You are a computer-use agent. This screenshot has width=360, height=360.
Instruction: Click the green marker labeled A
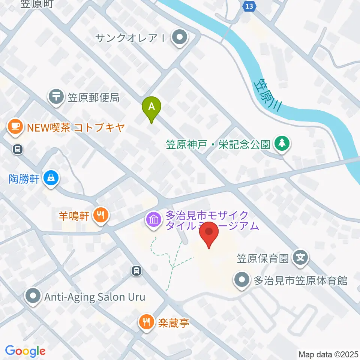click(151, 107)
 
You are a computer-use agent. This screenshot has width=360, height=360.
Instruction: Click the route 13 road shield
click(250, 6)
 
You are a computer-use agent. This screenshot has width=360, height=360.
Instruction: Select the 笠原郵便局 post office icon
click(57, 97)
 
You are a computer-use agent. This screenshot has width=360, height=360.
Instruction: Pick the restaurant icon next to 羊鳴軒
click(100, 216)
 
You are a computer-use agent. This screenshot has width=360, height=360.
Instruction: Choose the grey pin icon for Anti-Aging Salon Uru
click(33, 297)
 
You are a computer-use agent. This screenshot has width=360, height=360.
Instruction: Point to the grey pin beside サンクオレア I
click(180, 37)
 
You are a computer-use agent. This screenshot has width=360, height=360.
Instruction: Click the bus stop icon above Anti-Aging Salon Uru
click(137, 270)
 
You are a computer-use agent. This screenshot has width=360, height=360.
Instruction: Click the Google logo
click(25, 351)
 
